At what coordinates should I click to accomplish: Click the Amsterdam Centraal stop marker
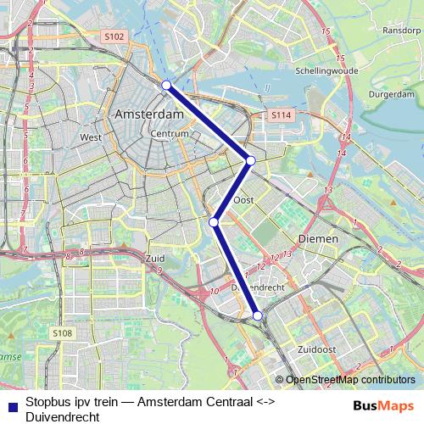click(167, 85)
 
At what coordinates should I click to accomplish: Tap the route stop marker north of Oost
click(250, 159)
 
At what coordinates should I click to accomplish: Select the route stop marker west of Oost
click(215, 222)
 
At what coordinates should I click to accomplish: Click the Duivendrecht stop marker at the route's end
click(258, 316)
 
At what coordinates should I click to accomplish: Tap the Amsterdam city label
click(149, 114)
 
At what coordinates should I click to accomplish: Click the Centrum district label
click(168, 134)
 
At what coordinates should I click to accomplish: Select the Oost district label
click(244, 200)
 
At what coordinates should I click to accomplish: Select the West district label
click(91, 137)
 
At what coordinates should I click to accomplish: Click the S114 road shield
click(282, 114)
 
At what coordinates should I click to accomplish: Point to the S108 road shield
click(64, 334)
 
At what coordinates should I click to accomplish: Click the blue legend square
click(11, 406)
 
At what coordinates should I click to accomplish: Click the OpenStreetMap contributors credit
click(349, 380)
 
